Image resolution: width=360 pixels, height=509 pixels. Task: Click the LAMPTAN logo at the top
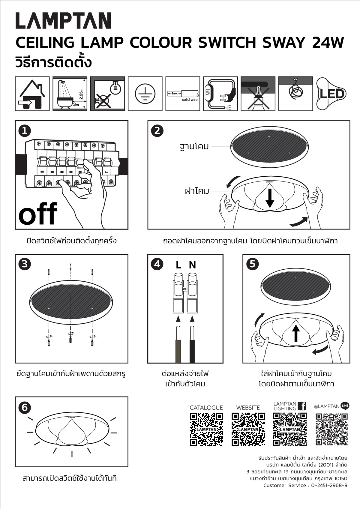click(63, 21)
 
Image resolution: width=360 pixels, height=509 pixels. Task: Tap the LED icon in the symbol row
click(331, 94)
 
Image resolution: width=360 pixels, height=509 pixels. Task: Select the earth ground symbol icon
click(145, 94)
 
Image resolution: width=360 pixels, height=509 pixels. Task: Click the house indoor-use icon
click(32, 94)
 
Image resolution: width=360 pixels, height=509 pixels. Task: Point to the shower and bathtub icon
click(70, 94)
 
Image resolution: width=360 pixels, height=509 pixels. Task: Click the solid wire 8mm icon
click(183, 94)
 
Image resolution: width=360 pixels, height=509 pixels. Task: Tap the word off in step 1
click(38, 214)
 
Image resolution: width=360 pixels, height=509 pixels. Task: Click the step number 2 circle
click(157, 131)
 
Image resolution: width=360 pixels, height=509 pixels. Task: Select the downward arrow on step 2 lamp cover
click(270, 198)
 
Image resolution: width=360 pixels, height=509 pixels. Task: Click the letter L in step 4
click(178, 265)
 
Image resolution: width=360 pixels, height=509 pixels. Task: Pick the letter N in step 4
click(192, 265)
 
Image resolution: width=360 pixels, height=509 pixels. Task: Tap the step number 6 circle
click(25, 407)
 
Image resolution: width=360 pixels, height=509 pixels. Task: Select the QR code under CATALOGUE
click(206, 430)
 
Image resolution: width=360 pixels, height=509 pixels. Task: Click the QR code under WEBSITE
click(248, 430)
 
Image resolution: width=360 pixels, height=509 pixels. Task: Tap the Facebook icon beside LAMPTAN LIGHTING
click(302, 406)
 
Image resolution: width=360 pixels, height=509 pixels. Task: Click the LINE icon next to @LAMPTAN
click(345, 406)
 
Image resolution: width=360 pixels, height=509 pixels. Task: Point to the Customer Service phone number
click(329, 485)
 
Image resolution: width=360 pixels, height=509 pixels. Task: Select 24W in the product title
click(328, 43)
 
